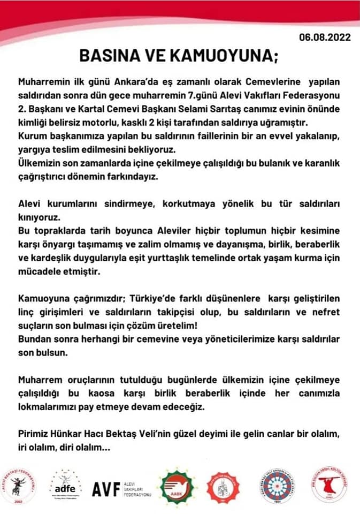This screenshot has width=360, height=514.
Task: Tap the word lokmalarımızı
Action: (x=49, y=406)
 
